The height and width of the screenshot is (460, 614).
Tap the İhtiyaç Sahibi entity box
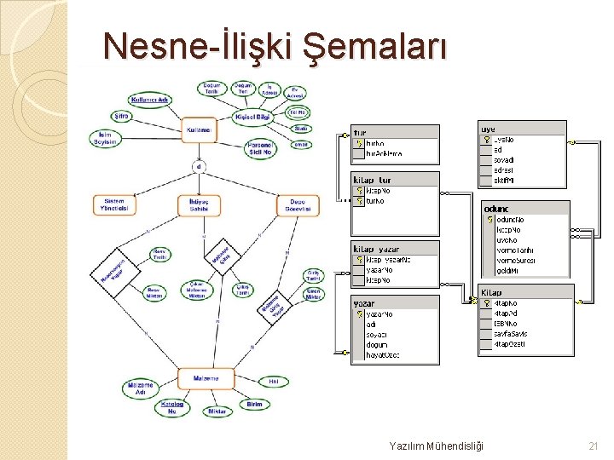point(199,204)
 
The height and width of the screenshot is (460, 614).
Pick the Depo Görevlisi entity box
point(298,204)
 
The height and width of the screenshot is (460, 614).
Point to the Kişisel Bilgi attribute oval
point(252,117)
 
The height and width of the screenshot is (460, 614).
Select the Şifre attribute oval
point(121,115)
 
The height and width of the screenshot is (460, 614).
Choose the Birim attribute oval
point(254,405)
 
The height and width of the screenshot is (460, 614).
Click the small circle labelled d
point(200,166)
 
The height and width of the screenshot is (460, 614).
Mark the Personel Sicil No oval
point(261,149)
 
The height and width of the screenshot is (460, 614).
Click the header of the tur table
point(395,132)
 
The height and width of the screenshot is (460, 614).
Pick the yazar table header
point(395,302)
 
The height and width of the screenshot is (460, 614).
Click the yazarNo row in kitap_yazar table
point(394,270)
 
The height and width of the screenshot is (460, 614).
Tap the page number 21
point(594,446)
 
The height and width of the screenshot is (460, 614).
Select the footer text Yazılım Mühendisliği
point(436,446)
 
